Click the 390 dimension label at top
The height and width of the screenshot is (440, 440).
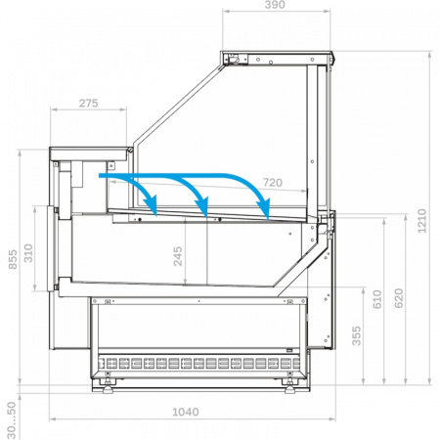click(x=275, y=5)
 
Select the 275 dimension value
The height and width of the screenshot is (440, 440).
click(x=88, y=103)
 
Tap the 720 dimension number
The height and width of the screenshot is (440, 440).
click(x=273, y=183)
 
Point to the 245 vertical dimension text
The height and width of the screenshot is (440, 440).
click(x=178, y=256)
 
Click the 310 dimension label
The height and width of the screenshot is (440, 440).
click(x=28, y=253)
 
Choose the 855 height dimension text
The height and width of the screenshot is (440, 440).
click(x=13, y=259)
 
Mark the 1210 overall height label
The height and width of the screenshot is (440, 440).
click(x=421, y=221)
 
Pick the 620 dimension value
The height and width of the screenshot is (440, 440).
click(x=399, y=298)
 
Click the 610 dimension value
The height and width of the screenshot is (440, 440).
click(x=376, y=299)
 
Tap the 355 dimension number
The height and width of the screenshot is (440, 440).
click(x=357, y=335)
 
